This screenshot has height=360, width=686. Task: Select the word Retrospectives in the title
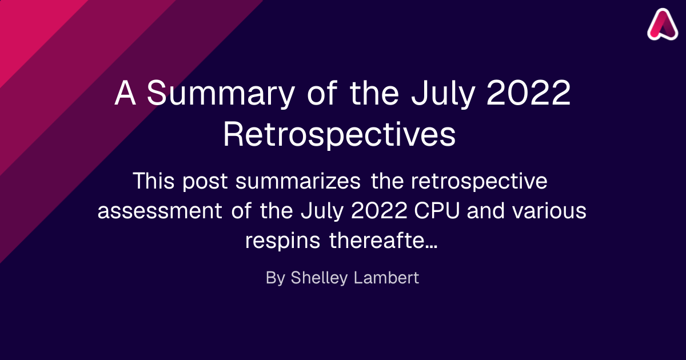click(340, 135)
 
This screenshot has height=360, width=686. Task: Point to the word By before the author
click(276, 278)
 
